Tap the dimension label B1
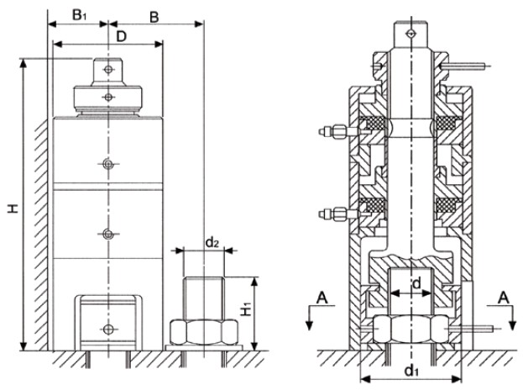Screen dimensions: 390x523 click(x=78, y=14)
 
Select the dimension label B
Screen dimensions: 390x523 click(x=154, y=14)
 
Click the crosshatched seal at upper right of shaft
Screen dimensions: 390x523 click(x=446, y=127)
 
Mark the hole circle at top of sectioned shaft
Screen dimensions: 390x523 click(x=409, y=34)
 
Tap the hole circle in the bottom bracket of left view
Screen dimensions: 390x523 click(x=107, y=327)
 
